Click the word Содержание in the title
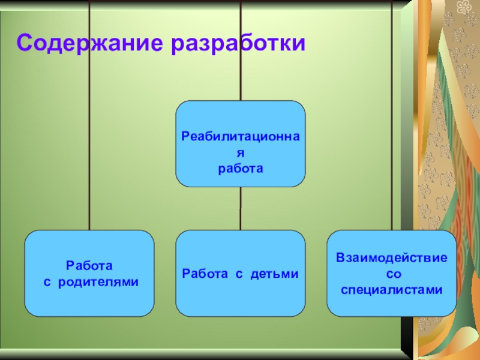[x=90, y=43]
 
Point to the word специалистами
[x=391, y=290]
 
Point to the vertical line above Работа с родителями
[x=89, y=150]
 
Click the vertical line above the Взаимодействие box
[x=392, y=150]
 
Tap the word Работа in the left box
[x=89, y=265]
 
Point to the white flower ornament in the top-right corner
[x=464, y=7]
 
